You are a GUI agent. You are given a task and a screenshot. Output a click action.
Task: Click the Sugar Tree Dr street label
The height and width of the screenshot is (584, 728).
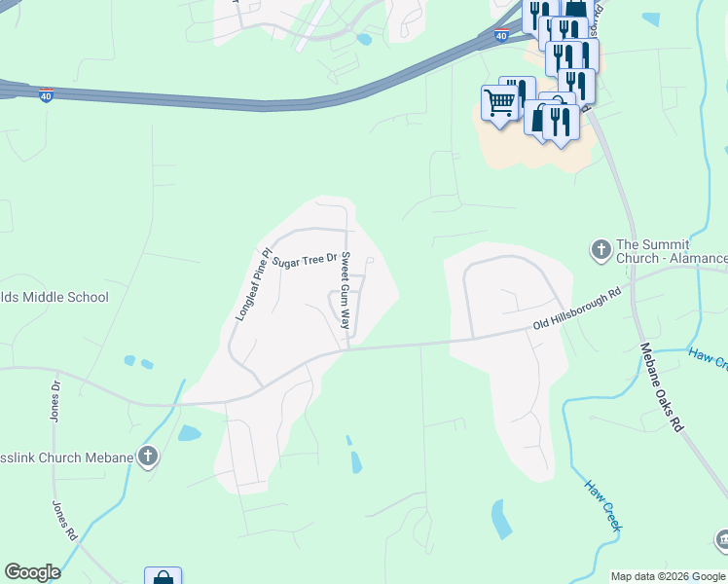[304, 261]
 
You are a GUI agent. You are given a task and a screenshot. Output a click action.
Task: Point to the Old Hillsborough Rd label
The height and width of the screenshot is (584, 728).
[577, 310]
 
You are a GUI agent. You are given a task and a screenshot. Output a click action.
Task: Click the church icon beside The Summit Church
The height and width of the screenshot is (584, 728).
[601, 250]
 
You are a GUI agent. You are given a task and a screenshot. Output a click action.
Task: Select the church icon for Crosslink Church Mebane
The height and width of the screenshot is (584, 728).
[147, 456]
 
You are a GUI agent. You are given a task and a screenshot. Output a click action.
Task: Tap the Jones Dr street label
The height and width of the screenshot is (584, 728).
[55, 401]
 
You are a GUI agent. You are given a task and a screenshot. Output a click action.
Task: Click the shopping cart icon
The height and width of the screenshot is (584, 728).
[498, 101]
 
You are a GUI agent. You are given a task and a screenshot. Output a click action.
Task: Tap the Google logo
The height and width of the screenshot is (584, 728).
[32, 572]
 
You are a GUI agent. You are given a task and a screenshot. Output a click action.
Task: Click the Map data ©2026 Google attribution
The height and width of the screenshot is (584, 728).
[669, 576]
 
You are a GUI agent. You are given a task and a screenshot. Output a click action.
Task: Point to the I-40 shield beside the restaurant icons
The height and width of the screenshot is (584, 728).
[500, 36]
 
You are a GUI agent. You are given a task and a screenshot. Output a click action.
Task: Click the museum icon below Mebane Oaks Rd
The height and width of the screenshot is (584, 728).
[721, 539]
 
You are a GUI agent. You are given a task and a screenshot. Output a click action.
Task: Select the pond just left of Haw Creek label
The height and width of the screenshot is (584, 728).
[502, 519]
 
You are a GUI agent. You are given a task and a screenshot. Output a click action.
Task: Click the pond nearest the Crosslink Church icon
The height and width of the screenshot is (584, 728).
[190, 433]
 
